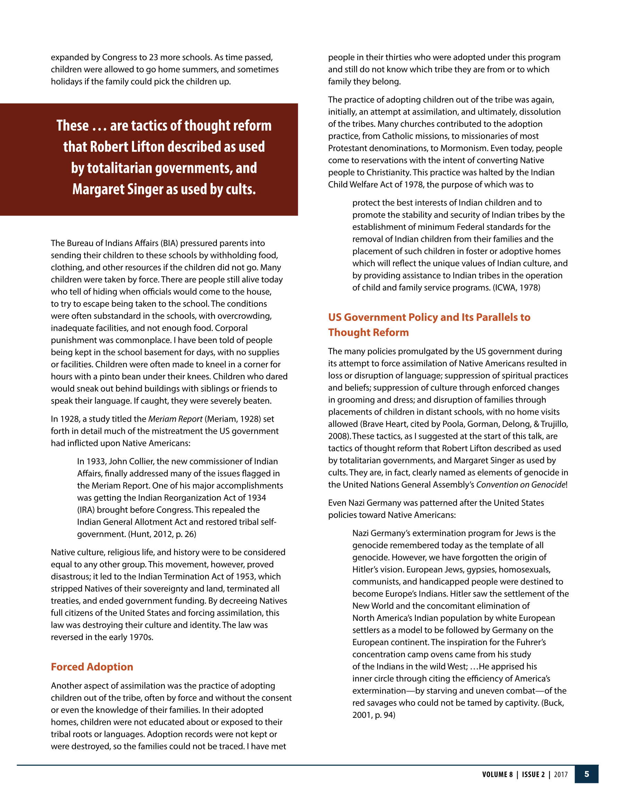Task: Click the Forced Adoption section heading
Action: (x=92, y=667)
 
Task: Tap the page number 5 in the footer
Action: (x=586, y=774)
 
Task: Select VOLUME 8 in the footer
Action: (x=497, y=774)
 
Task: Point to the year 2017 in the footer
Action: (x=560, y=774)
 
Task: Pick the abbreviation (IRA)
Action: (x=86, y=510)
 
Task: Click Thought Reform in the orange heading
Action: (x=368, y=333)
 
